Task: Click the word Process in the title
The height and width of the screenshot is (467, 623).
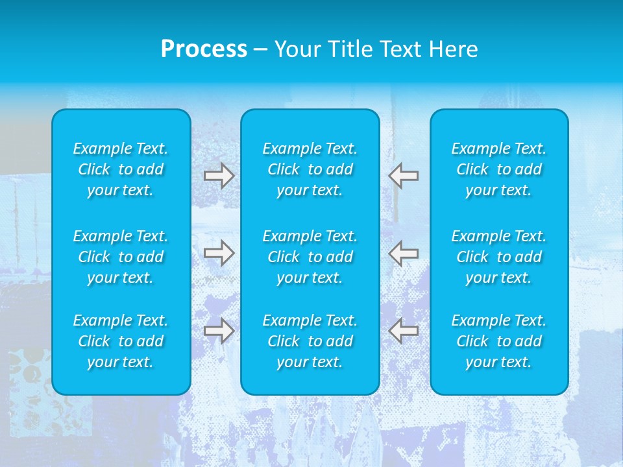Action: point(204,49)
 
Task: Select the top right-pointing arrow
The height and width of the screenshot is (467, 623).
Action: point(219,176)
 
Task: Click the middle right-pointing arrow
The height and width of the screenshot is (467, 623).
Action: point(219,253)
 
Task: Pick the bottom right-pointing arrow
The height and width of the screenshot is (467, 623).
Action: point(219,330)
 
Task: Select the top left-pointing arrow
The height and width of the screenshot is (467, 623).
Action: point(404,176)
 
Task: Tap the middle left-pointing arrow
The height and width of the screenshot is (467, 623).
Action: point(404,253)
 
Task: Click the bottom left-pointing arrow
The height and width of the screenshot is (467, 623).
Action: point(404,331)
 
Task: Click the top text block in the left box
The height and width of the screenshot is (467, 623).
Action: point(121,169)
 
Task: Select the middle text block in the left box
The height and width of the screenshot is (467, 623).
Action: point(121,257)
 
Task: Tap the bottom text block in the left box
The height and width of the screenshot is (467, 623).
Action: point(121,341)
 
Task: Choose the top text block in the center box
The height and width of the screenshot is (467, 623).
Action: point(310,169)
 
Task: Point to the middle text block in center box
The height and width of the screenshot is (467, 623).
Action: point(310,257)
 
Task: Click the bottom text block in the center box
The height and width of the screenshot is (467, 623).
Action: point(310,341)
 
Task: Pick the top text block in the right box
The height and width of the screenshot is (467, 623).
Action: point(499,169)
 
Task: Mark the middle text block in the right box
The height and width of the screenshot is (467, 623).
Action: point(499,257)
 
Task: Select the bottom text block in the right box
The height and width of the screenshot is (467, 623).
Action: point(499,341)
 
